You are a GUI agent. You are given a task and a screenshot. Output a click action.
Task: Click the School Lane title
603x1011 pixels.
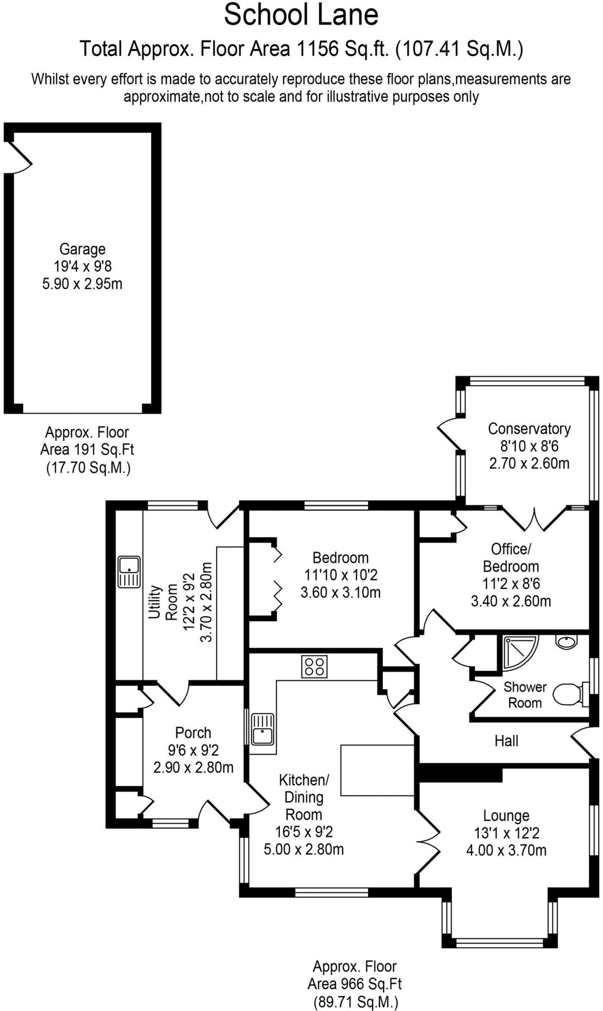coord(301,15)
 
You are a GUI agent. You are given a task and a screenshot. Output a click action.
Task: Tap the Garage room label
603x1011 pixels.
coord(82,249)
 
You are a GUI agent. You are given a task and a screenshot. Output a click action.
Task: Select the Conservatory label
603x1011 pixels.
coord(529,428)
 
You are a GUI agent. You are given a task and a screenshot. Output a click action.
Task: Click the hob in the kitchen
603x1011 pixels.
coord(314,666)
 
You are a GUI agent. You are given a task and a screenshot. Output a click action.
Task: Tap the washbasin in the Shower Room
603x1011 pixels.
coord(566,641)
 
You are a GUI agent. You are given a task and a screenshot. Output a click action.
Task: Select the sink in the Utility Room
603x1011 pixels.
coord(129,572)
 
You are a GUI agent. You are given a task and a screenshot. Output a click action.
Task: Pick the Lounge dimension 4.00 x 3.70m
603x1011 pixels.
coord(506,850)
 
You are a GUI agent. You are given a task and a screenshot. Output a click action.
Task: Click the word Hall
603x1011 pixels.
coord(506,740)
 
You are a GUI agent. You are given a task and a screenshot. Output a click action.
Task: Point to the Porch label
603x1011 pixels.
coord(193,733)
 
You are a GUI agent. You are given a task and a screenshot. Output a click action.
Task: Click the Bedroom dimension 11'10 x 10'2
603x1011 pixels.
coord(340,575)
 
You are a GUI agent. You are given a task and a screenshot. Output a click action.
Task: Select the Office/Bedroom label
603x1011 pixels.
coord(511,557)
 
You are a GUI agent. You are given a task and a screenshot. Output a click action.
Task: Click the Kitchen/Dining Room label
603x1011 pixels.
coord(303,797)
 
